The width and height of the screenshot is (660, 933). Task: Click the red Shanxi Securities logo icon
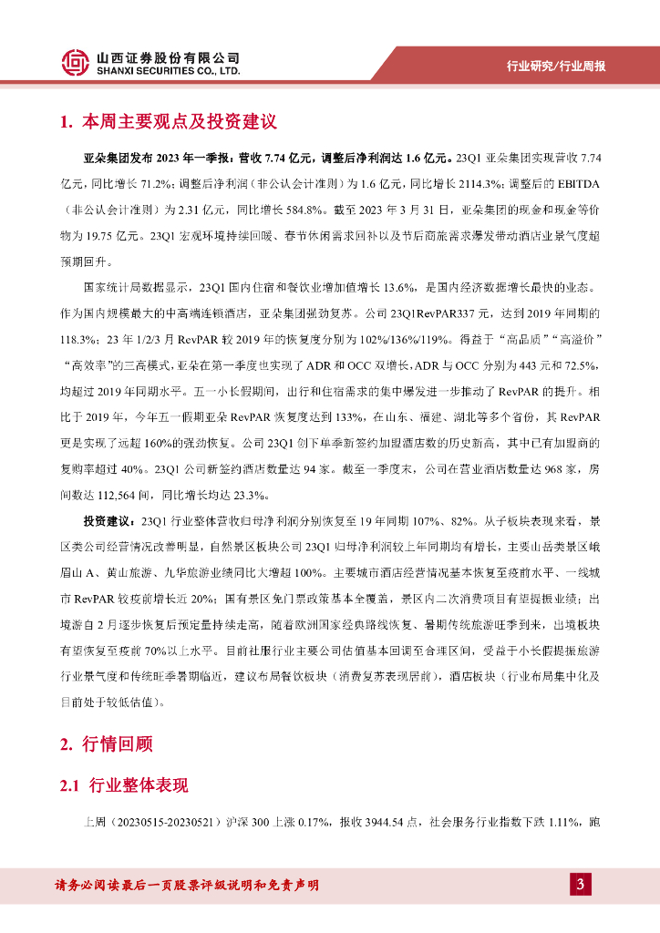pos(76,62)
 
